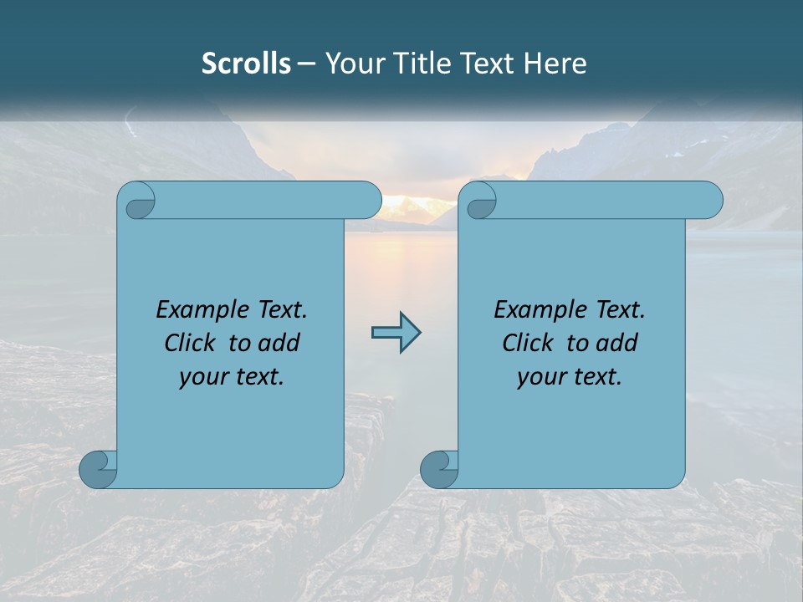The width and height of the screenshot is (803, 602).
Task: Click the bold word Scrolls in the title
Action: pyautogui.click(x=246, y=64)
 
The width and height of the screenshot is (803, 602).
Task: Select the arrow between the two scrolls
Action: pyautogui.click(x=396, y=333)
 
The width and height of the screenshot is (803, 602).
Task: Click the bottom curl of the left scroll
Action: pyautogui.click(x=96, y=469)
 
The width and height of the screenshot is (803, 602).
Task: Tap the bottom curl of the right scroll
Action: pyautogui.click(x=437, y=469)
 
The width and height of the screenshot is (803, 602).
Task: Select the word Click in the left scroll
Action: pyautogui.click(x=192, y=343)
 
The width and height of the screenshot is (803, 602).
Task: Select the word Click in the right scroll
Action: pyautogui.click(x=529, y=343)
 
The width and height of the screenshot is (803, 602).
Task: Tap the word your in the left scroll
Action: pyautogui.click(x=203, y=377)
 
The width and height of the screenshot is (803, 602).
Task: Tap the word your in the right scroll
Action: pyautogui.click(x=541, y=377)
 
